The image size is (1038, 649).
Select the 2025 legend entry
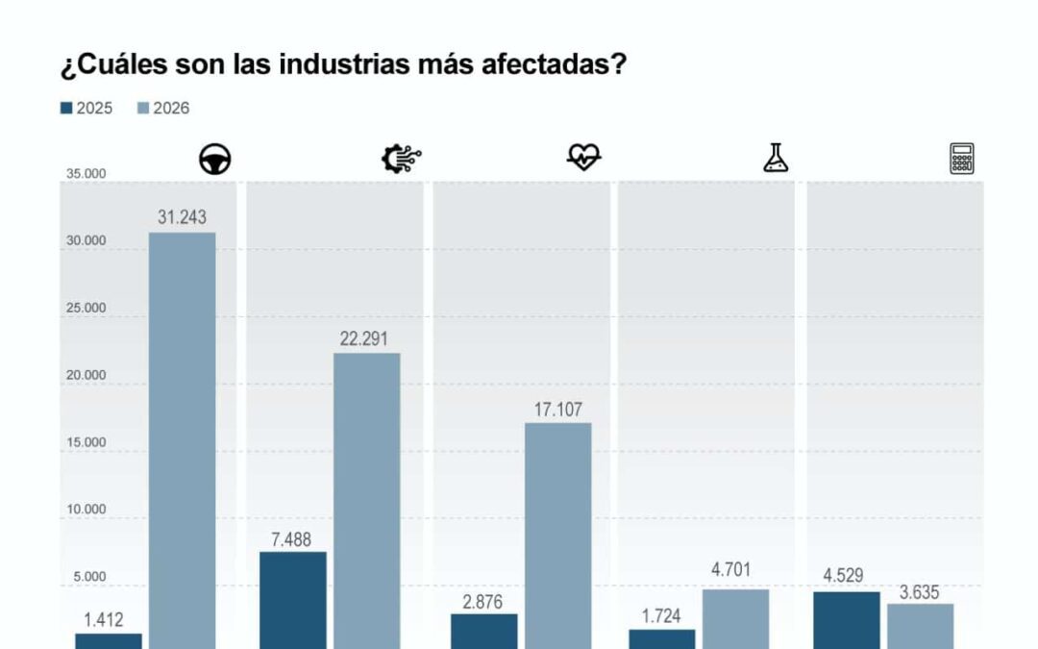tap(86, 108)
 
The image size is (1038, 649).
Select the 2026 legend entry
tap(163, 108)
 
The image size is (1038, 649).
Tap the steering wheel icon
tap(215, 160)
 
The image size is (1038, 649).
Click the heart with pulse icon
tap(583, 157)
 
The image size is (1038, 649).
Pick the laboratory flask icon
tap(776, 158)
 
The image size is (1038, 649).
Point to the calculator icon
tap(961, 158)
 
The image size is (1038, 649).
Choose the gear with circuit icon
tap(401, 159)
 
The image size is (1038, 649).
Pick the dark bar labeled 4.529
tap(846, 619)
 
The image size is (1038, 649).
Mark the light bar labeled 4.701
tap(735, 617)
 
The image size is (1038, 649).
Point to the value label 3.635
tap(919, 592)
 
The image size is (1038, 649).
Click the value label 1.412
tap(103, 620)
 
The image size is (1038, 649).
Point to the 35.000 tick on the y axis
tap(86, 174)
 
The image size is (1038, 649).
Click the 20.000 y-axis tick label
tap(86, 375)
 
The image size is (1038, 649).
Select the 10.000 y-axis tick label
tap(86, 510)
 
